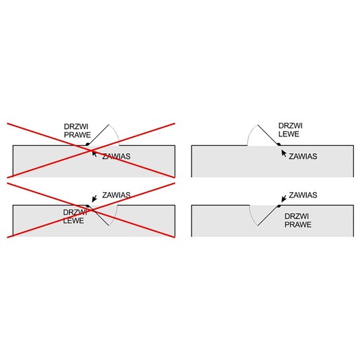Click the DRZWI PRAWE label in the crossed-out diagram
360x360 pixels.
(77, 131)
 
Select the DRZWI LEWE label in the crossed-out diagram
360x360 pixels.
(75, 216)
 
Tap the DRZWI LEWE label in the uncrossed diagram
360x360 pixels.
(290, 130)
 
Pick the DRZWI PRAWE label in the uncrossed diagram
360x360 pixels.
(298, 220)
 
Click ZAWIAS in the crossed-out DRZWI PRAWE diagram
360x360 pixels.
(116, 156)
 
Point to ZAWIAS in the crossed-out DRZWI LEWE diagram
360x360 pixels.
(116, 195)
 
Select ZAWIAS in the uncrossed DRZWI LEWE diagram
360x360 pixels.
(303, 156)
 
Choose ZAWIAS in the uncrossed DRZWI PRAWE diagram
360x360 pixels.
(303, 195)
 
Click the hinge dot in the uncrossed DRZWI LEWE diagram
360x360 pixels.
(279, 144)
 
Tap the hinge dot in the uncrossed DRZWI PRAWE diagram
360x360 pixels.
(279, 206)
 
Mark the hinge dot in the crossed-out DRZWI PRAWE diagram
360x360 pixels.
(87, 144)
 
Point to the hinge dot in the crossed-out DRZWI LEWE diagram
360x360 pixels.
(87, 206)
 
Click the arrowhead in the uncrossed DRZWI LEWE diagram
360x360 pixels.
(283, 152)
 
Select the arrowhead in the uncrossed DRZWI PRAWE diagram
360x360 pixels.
(283, 199)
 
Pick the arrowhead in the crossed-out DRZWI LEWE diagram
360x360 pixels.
(93, 199)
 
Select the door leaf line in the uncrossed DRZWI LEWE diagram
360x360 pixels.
(268, 134)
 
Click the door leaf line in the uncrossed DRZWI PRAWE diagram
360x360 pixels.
(268, 216)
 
